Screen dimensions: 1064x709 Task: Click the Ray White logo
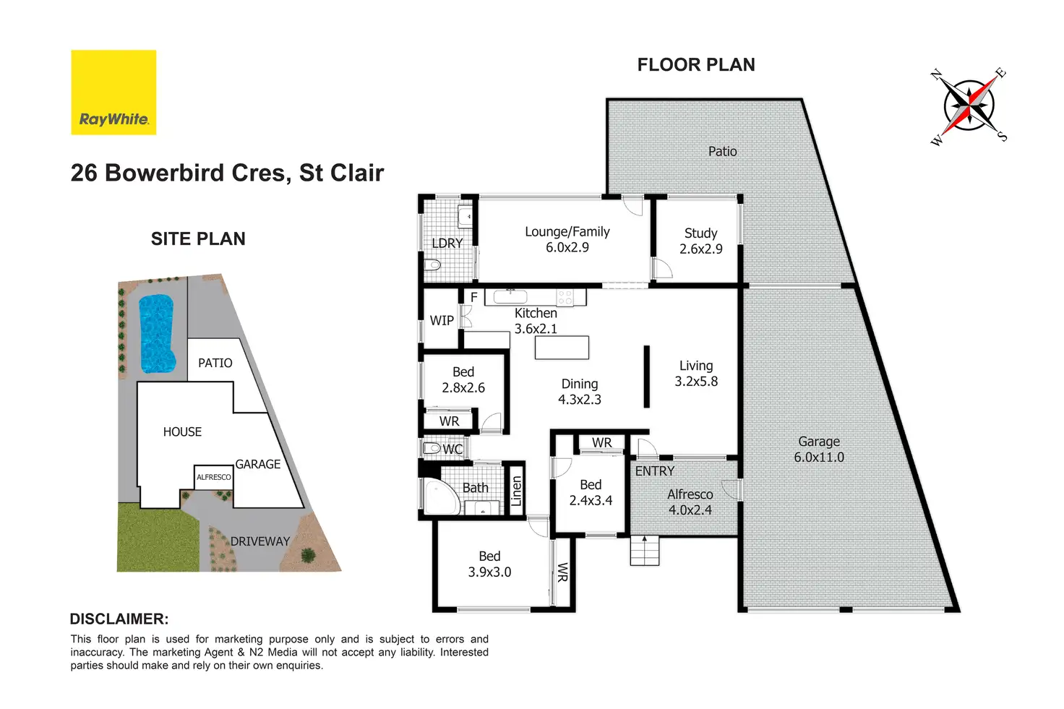coord(113,92)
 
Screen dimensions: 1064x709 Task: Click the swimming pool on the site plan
coord(156,333)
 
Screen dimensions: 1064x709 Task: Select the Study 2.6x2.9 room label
coord(700,241)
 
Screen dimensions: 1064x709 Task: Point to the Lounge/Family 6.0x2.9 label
coord(567,239)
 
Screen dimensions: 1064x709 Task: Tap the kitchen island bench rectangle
coord(562,348)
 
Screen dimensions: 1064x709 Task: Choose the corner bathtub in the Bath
coord(441,497)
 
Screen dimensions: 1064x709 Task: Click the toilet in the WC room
coord(432,448)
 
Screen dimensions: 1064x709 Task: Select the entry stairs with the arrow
coord(645,551)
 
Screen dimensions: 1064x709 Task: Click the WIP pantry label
coord(442,321)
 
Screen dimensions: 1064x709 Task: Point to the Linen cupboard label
coord(516,491)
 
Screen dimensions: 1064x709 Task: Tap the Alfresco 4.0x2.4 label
coord(690,502)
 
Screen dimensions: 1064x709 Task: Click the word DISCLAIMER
coord(119,619)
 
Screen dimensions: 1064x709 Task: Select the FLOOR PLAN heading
coord(696,64)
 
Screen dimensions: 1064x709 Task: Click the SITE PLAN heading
coord(198,239)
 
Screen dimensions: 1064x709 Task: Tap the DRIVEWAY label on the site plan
coord(259,541)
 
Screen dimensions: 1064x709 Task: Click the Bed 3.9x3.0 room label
coord(490,564)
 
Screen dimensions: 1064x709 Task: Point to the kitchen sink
coord(510,297)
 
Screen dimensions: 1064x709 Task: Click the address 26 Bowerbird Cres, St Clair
coord(227,173)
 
